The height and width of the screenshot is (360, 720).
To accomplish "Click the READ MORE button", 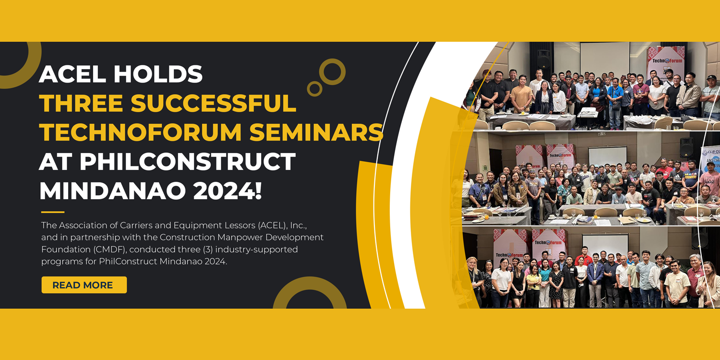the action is pos(84,285).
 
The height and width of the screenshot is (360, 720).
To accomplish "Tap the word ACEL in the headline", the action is pos(72,74).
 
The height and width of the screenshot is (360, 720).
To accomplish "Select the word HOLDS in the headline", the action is pos(158,74).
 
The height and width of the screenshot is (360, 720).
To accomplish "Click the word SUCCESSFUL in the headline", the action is pos(214,103).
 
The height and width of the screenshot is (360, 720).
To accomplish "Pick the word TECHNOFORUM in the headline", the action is pos(141,132).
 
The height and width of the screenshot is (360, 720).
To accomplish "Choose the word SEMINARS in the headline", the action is pos(316,132).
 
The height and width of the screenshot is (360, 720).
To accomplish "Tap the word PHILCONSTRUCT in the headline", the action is pos(188,161).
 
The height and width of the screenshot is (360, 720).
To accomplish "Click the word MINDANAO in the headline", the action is pos(112,191).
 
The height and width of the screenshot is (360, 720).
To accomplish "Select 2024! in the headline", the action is pos(228,191).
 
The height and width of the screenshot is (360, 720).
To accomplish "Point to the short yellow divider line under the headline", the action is pos(53,212).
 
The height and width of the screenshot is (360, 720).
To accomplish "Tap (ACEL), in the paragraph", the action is pos(273,225).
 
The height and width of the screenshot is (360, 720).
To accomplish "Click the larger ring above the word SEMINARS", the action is pos(332,60).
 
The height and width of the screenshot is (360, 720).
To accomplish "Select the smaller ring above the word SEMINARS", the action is pos(315,82).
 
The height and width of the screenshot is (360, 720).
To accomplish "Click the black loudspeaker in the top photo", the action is pos(543,59).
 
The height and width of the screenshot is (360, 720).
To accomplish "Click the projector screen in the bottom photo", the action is pos(605,246).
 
